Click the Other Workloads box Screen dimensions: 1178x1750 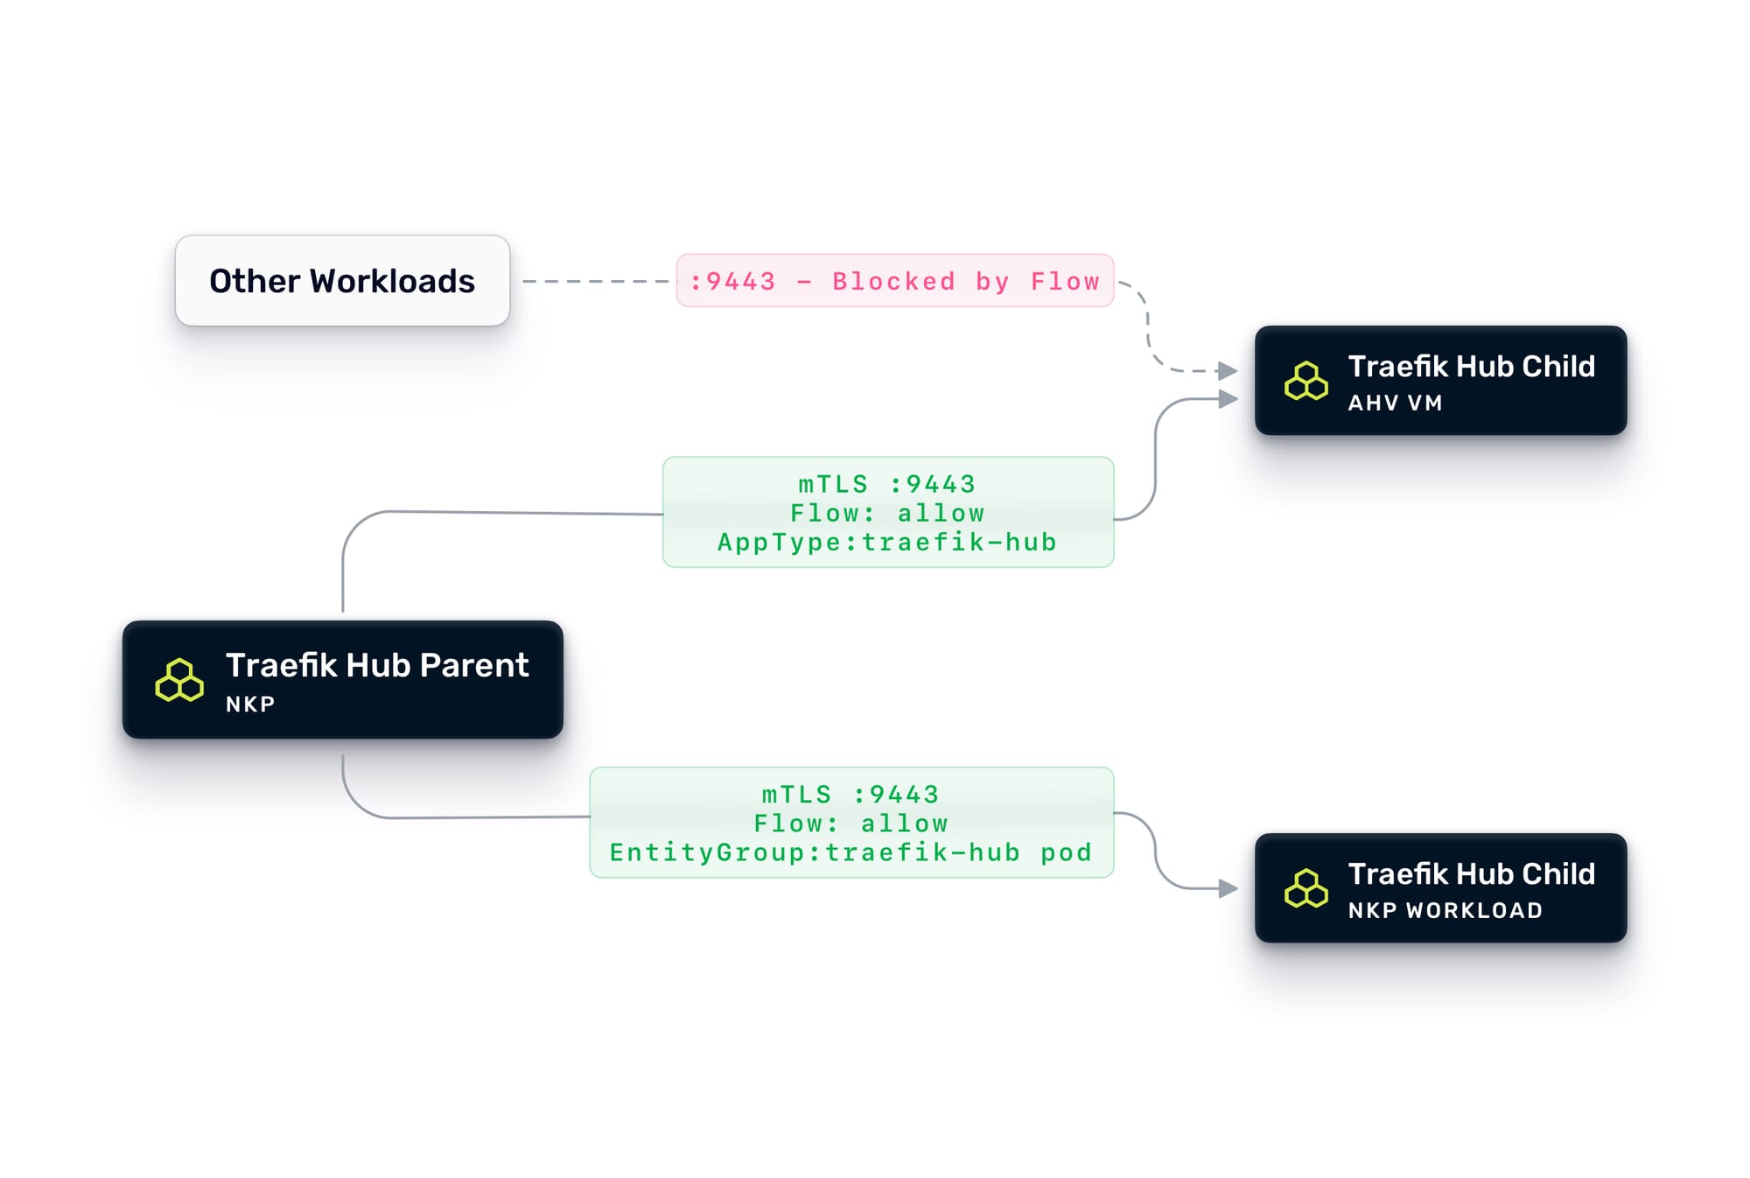pos(341,281)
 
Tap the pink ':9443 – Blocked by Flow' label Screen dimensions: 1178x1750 pos(894,281)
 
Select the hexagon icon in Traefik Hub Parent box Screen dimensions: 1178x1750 pos(179,681)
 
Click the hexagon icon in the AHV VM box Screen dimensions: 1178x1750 pos(1305,382)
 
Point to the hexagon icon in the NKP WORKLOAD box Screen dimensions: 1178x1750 pos(1305,889)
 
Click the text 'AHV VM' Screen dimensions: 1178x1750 pos(1395,403)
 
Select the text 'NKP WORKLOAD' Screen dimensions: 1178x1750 pos(1445,911)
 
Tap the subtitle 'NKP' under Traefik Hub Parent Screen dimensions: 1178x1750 pos(250,705)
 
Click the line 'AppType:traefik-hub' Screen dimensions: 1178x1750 pos(887,543)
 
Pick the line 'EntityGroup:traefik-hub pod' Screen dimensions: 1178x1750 pos(850,853)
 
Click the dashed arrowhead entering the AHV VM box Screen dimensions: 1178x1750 pos(1228,371)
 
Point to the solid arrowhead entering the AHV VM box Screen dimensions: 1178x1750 pos(1228,399)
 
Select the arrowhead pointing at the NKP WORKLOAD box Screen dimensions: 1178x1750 pos(1228,889)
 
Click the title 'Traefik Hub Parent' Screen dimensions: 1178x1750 pos(377,666)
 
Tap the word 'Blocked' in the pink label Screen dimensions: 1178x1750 pos(893,282)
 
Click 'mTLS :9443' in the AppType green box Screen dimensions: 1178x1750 pos(887,484)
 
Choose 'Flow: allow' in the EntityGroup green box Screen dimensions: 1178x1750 pos(850,824)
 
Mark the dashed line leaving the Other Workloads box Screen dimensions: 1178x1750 pos(595,282)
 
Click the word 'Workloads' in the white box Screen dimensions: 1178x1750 pos(392,282)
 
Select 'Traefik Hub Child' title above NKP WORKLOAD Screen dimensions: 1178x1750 pos(1471,874)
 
